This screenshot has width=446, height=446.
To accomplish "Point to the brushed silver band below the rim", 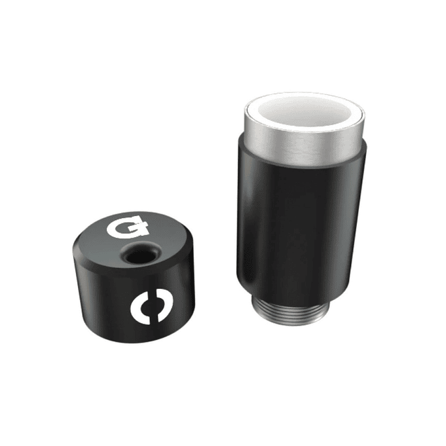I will [301, 139].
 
